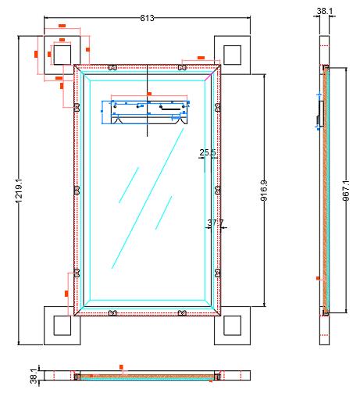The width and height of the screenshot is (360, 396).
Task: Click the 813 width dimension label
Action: click(147, 18)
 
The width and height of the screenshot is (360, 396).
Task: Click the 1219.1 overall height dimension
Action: click(19, 191)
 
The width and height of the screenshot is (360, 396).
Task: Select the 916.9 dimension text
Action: click(264, 191)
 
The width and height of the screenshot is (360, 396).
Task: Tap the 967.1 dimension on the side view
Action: click(346, 191)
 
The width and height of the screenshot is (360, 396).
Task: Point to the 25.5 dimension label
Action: click(208, 152)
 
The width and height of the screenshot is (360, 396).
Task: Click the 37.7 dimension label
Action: click(216, 223)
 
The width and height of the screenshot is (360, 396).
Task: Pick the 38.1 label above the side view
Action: click(325, 11)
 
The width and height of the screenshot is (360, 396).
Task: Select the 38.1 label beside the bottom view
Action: click(34, 376)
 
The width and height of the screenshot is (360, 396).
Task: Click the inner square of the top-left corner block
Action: click(62, 55)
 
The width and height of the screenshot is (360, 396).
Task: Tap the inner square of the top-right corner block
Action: click(232, 55)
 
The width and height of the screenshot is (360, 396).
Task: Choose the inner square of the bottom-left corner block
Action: click(62, 326)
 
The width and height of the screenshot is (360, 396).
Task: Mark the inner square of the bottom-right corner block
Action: click(232, 326)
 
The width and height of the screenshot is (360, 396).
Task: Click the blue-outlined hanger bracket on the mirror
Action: click(145, 112)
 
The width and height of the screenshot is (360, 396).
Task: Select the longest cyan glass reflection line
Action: click(148, 198)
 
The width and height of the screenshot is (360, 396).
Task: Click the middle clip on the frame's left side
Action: click(77, 191)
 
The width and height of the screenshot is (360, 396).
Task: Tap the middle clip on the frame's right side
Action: click(218, 191)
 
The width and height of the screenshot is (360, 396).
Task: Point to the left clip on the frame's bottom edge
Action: click(112, 312)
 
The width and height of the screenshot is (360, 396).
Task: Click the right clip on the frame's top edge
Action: click(182, 67)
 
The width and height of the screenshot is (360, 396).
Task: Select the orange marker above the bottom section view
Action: click(121, 367)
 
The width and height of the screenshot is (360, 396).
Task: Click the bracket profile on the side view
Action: click(321, 114)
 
